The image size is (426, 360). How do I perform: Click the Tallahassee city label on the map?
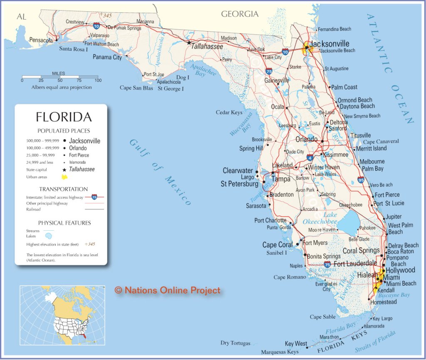(x=207, y=47)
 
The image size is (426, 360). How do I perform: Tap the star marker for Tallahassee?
(x=189, y=42)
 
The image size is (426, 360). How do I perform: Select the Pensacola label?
(x=41, y=40)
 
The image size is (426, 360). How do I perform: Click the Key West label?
(x=295, y=344)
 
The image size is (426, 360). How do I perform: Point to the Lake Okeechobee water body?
(x=348, y=224)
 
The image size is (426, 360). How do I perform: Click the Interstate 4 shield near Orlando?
(x=310, y=158)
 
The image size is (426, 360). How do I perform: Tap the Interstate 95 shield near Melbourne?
(x=360, y=180)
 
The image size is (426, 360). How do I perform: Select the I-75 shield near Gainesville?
(x=269, y=71)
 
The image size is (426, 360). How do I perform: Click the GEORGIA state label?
(x=240, y=14)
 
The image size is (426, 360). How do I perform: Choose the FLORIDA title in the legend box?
(x=64, y=116)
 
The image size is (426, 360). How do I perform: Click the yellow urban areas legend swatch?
(x=64, y=177)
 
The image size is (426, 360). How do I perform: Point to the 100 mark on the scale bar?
(x=98, y=80)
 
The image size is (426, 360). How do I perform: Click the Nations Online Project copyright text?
(x=168, y=290)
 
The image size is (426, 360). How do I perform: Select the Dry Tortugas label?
(x=235, y=343)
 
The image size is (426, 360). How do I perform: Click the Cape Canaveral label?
(x=381, y=141)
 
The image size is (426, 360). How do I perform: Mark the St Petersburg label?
(x=239, y=183)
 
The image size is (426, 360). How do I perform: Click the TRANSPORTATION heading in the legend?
(x=64, y=189)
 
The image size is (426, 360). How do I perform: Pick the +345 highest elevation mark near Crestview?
(x=106, y=15)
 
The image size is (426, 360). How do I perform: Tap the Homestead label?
(x=383, y=302)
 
